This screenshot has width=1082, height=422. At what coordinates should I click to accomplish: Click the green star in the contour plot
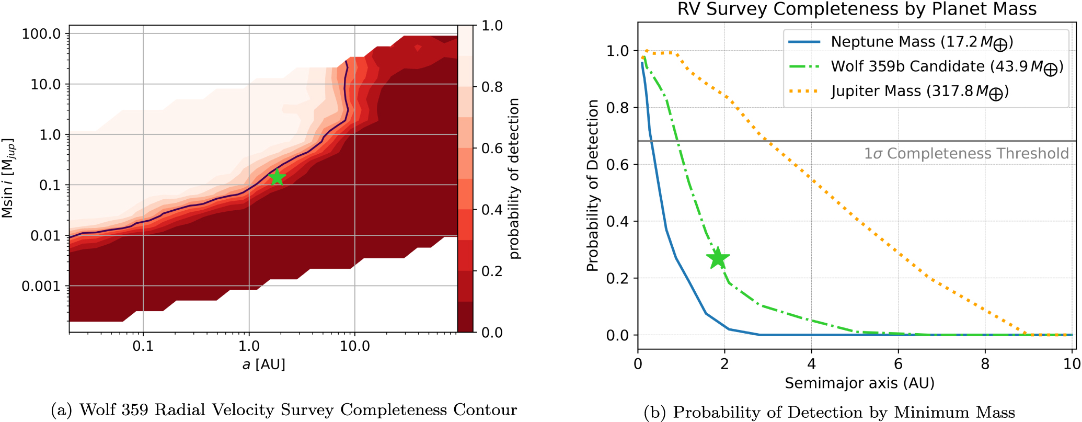[x=277, y=177]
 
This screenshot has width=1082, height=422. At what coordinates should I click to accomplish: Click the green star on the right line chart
[x=718, y=258]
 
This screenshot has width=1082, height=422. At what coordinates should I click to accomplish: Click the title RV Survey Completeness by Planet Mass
[x=857, y=9]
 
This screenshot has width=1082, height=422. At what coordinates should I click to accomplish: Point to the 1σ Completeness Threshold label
[x=966, y=153]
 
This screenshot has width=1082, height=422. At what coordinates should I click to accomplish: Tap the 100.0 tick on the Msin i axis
[x=42, y=34]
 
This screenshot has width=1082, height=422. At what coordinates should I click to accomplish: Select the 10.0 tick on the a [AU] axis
[x=355, y=346]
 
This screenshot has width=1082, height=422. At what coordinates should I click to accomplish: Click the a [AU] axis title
[x=263, y=364]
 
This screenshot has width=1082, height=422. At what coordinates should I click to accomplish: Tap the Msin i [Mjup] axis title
[x=8, y=178]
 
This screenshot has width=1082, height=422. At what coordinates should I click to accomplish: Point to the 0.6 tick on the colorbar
[x=492, y=149]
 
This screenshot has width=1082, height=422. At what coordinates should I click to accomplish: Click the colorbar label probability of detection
[x=514, y=178]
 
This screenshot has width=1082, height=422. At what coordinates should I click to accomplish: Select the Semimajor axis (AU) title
[x=859, y=383]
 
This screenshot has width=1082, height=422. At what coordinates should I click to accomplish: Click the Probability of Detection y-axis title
[x=592, y=186]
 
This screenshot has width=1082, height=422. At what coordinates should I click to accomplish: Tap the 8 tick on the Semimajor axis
[x=985, y=364]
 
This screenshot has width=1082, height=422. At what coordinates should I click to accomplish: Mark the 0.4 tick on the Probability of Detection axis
[x=617, y=221]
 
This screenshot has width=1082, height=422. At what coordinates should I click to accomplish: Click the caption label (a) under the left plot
[x=63, y=410]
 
